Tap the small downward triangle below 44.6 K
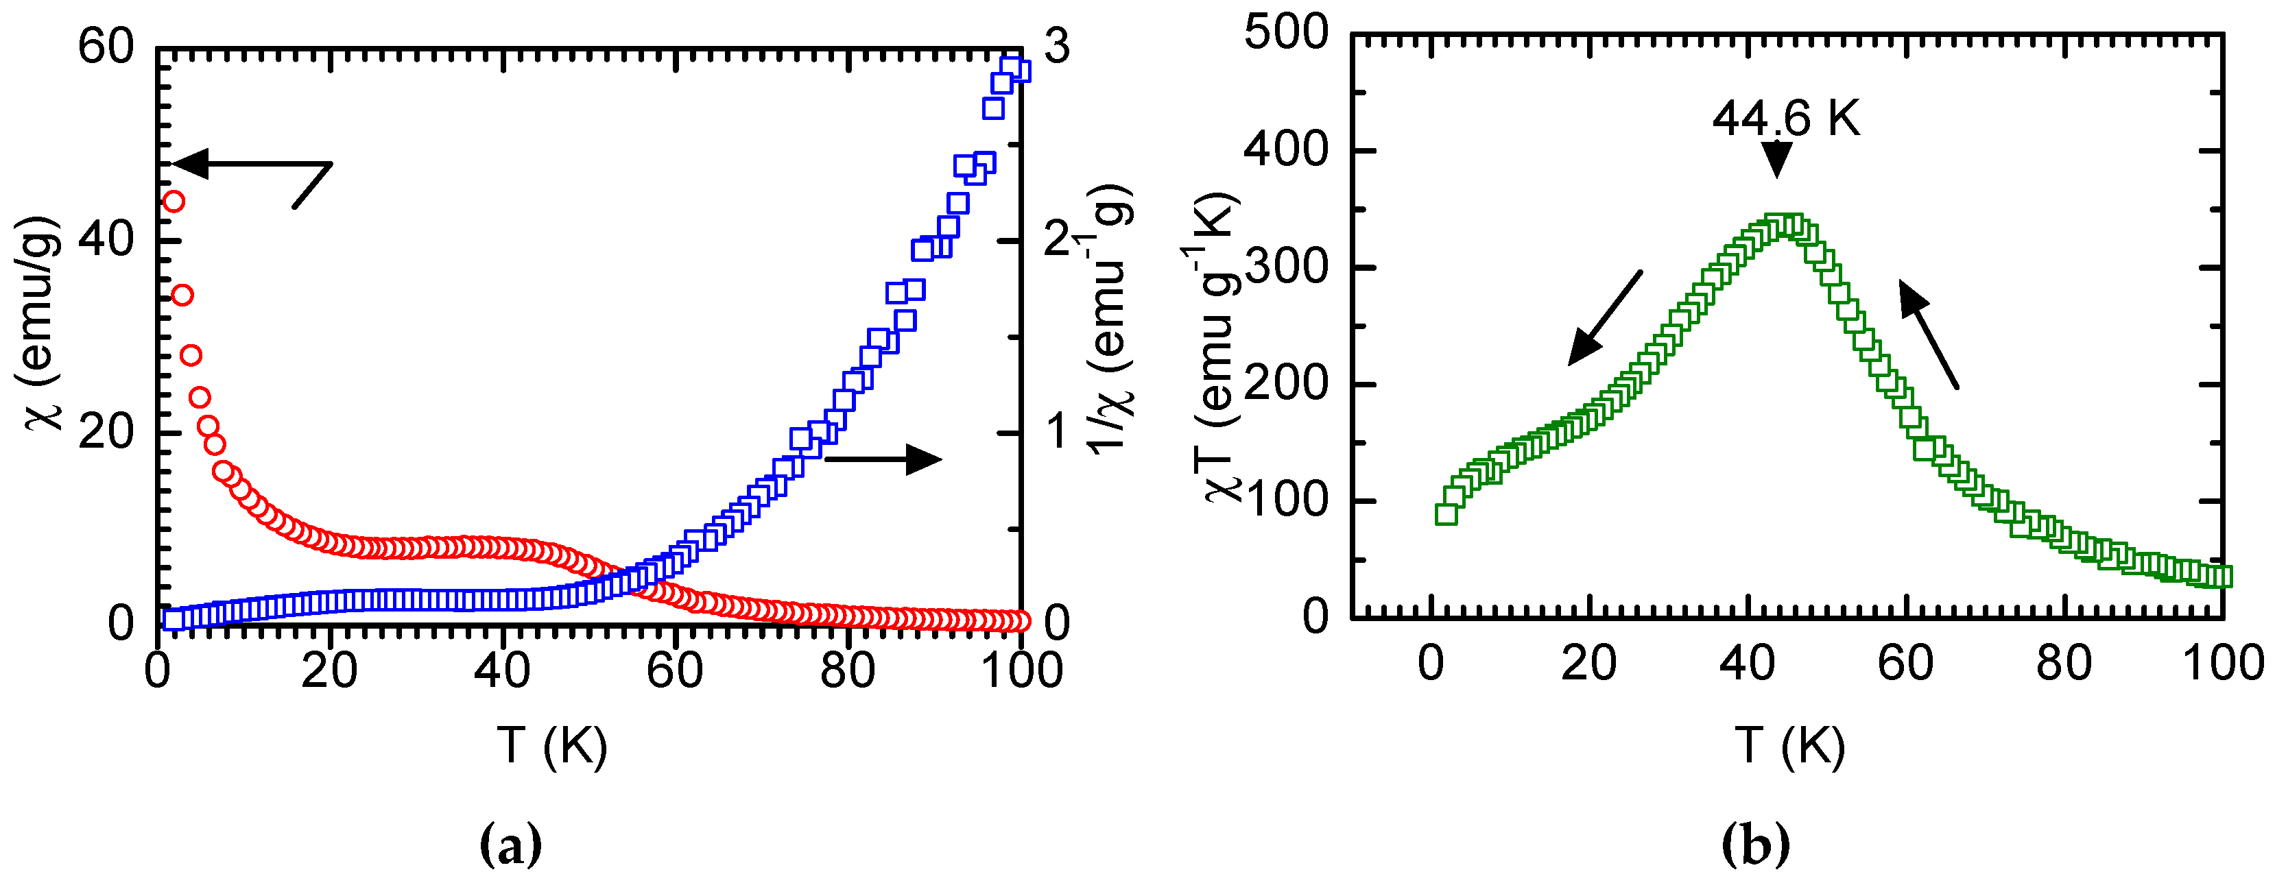click(1776, 160)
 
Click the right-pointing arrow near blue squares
click(883, 458)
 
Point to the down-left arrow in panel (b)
click(1605, 318)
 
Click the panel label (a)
click(510, 845)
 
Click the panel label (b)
click(1756, 845)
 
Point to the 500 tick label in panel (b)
click(1285, 34)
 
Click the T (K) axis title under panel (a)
click(552, 745)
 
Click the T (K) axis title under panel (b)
click(1789, 745)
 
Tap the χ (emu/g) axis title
click(40, 322)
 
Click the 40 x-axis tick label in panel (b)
click(1747, 664)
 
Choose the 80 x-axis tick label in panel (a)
click(847, 671)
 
